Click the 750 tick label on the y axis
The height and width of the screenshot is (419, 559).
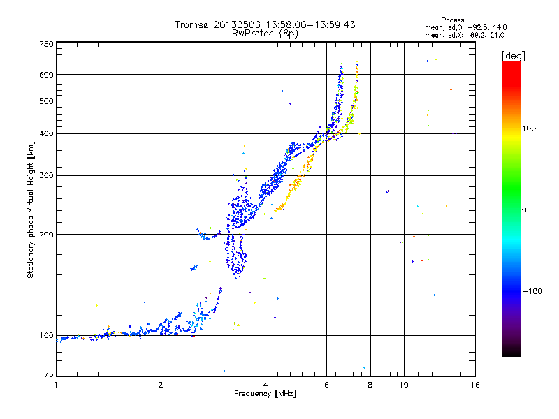click(x=47, y=44)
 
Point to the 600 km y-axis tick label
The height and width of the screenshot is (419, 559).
click(x=47, y=74)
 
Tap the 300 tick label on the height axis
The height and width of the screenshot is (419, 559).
click(x=47, y=175)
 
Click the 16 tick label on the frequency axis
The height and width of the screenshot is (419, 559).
click(x=474, y=385)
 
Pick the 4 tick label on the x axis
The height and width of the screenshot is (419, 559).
click(x=266, y=385)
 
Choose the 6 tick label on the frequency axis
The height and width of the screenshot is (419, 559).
click(x=326, y=385)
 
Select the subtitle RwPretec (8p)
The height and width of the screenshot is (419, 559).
click(x=265, y=33)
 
